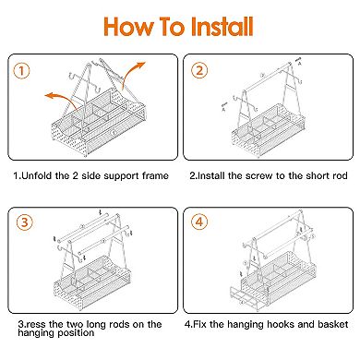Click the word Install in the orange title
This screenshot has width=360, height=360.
point(222,26)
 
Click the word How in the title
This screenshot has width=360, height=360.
point(127,27)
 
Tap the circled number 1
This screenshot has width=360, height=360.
point(21,71)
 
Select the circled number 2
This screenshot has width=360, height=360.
point(199,70)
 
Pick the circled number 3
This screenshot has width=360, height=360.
point(25,222)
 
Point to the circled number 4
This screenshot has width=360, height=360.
point(199,222)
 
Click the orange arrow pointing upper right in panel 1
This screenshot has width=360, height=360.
point(133,75)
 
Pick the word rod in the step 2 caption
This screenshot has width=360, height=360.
point(340,175)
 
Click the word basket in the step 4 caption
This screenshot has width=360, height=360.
point(333,324)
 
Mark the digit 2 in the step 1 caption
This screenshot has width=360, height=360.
point(76,175)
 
